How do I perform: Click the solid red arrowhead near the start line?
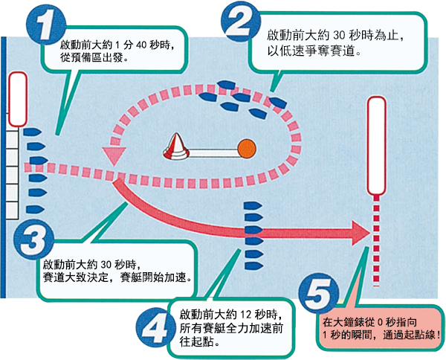pyautogui.click(x=361, y=233)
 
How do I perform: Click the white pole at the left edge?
pyautogui.click(x=16, y=100)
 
